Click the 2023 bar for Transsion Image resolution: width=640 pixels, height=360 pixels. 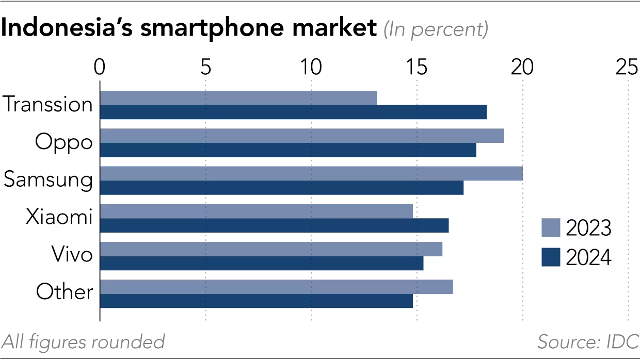pos(238,98)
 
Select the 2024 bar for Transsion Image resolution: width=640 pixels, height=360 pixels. pos(293,112)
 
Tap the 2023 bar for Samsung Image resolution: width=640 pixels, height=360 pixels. pos(311,173)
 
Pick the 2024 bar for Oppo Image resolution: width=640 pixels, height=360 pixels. pos(287,150)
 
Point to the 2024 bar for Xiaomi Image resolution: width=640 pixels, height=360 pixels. pos(274,225)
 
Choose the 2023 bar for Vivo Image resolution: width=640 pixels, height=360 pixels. pos(270,249)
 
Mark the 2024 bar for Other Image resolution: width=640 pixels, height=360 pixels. pos(256,301)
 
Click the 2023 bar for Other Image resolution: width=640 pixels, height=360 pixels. pos(276,287)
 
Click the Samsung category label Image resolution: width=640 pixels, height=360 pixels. pos(48,180)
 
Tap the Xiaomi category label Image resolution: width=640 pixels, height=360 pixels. pos(59,217)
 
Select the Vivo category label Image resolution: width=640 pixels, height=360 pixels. pos(72,254)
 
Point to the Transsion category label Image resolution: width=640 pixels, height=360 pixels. pos(48,105)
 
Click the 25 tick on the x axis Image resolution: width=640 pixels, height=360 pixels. pos(628,68)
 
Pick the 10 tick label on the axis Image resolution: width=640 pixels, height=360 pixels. pos(311,68)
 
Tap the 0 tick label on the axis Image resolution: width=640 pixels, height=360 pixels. pos(100,68)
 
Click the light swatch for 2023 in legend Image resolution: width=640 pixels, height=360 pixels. pos(550,227)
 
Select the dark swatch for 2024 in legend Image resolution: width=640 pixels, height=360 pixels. pos(550,257)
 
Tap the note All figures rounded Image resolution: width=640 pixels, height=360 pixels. pos(83,341)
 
